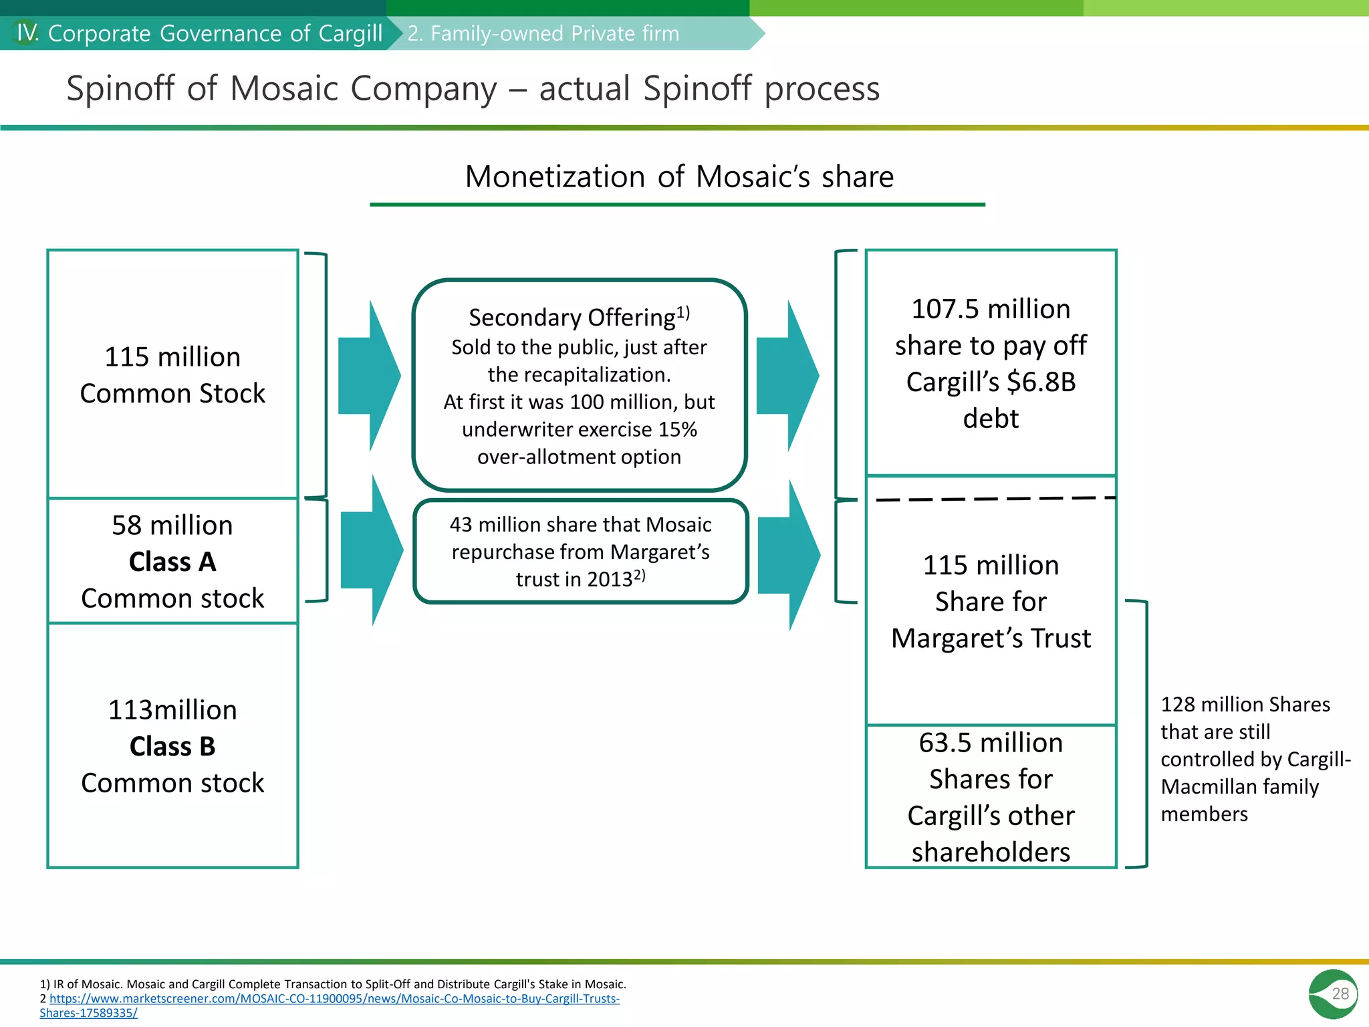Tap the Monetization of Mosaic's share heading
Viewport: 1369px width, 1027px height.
tap(678, 177)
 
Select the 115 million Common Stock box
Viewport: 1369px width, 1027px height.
tap(172, 374)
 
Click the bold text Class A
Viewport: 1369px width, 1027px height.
tap(172, 562)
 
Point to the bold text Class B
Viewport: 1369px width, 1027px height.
tap(172, 746)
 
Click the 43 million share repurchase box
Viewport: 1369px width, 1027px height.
tap(580, 552)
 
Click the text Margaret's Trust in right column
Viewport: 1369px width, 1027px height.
tap(991, 639)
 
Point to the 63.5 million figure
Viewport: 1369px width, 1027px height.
tap(991, 743)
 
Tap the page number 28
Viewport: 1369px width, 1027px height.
tap(1340, 994)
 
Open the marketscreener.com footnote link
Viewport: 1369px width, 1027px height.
tap(334, 999)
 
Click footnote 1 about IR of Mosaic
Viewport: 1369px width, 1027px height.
tap(333, 984)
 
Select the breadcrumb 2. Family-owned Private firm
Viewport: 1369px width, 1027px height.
tap(543, 33)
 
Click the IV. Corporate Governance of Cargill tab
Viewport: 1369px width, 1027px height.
tap(199, 33)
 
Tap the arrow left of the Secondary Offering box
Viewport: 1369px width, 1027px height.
tap(368, 376)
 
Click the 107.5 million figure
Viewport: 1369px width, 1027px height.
tap(991, 309)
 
